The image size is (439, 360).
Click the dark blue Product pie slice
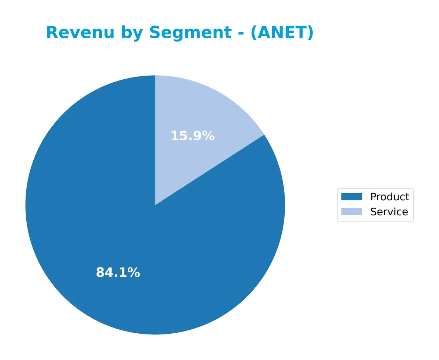click(110, 219)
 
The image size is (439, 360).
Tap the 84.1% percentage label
click(118, 273)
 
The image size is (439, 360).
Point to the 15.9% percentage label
click(192, 136)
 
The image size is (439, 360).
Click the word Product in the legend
click(390, 197)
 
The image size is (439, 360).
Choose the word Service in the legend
click(389, 212)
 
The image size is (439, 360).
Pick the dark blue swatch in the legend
click(351, 197)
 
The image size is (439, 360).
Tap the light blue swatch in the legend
click(351, 212)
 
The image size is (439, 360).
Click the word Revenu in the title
click(80, 33)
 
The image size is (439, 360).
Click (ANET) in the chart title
click(282, 33)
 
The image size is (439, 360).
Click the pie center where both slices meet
click(155, 205)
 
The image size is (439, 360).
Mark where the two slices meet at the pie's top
click(155, 76)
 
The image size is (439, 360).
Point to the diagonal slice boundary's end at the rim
click(264, 135)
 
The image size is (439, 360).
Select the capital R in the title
click(52, 33)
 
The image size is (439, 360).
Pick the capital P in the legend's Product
click(374, 197)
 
